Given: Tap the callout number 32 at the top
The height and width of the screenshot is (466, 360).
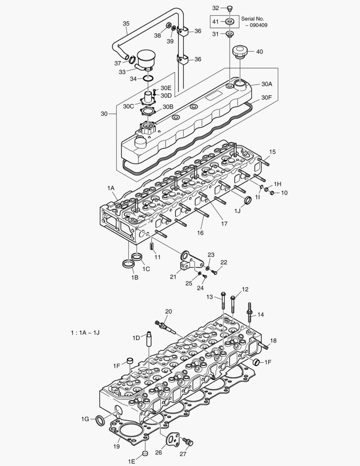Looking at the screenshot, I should point(216,8).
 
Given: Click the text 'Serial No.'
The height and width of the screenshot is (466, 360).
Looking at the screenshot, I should point(253,19).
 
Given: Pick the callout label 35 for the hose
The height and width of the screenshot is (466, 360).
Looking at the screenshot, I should point(126,23).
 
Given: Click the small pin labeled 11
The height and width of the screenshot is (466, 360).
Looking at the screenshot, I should point(153,246).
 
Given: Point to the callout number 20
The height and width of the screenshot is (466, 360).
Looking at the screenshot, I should point(168,311).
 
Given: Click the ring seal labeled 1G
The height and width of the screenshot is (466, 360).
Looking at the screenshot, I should point(100,419).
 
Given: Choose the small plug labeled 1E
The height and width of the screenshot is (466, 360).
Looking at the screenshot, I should point(145,453).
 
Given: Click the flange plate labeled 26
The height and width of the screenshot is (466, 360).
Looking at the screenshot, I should point(172,440).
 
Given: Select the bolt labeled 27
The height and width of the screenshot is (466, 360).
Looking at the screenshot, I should point(188,442).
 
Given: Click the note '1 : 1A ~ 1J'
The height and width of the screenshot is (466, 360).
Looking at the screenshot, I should point(86,333).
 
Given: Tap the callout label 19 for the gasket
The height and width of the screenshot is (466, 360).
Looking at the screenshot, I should point(117,447).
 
